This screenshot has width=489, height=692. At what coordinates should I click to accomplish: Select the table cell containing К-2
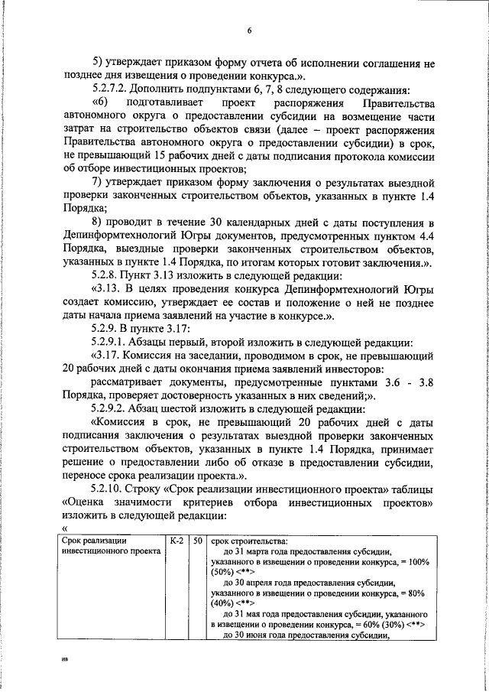pyautogui.click(x=176, y=541)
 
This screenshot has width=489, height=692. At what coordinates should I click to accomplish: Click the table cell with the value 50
pyautogui.click(x=197, y=541)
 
